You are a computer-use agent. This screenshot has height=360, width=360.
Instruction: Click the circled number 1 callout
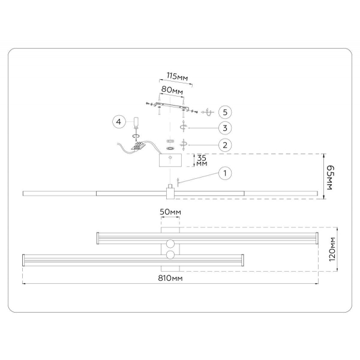tap(224, 173)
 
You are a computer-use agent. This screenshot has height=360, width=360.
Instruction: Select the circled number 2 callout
tap(224, 145)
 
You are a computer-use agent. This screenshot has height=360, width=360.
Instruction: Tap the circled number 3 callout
tap(224, 127)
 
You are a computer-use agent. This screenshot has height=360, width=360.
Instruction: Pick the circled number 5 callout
tap(224, 112)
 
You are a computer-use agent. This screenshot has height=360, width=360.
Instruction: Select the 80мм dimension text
tap(172, 90)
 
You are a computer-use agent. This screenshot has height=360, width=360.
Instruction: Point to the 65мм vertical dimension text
tap(329, 176)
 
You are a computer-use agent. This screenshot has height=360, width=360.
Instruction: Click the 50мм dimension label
tap(170, 212)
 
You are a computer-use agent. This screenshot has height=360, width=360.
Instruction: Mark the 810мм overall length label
tap(170, 278)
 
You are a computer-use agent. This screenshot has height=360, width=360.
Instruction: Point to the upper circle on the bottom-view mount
tap(170, 243)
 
